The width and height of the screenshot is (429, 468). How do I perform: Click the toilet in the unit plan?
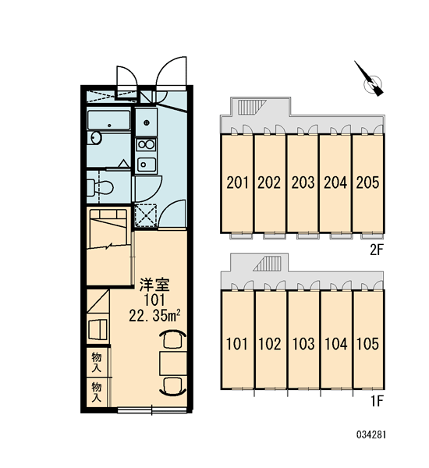click(x=100, y=187)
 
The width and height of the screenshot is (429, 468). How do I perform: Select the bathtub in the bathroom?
click(x=109, y=120)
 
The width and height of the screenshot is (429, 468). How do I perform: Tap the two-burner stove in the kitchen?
click(x=146, y=145)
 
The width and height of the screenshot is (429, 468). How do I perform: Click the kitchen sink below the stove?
click(x=147, y=165)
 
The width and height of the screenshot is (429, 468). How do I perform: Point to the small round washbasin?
click(x=95, y=138)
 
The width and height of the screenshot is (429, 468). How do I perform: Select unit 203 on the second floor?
click(x=303, y=183)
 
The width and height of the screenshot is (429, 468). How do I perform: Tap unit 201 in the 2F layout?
click(x=237, y=183)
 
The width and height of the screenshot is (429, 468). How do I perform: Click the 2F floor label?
click(x=376, y=250)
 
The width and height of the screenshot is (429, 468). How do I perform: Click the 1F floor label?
click(x=377, y=401)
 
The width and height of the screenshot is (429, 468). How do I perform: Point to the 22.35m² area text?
click(x=154, y=316)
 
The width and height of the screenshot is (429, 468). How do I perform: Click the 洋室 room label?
click(x=154, y=285)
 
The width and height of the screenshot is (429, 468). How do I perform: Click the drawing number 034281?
click(x=371, y=434)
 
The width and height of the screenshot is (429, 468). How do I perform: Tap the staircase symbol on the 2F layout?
click(x=251, y=107)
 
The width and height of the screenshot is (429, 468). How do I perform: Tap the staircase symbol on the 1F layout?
click(x=268, y=264)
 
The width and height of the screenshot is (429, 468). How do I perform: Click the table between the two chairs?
click(x=173, y=363)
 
